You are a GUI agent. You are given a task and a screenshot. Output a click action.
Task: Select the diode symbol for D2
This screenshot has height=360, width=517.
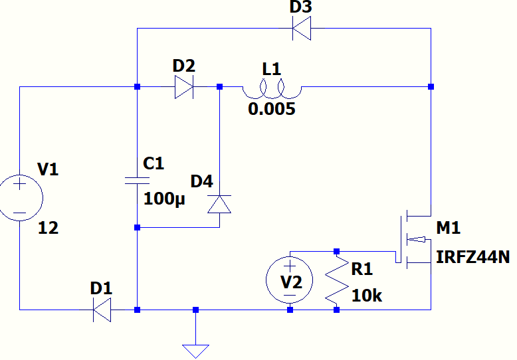184,87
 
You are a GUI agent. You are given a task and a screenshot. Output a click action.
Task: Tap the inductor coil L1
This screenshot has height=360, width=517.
271,87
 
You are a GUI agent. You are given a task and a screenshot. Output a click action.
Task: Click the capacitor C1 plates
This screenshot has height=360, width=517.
137,180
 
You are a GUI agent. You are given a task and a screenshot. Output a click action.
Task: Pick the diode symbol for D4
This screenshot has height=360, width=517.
219,204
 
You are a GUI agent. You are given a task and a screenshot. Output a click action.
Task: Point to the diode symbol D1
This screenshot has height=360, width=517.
102,310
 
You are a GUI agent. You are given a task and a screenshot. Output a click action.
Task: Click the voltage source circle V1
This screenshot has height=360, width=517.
20,198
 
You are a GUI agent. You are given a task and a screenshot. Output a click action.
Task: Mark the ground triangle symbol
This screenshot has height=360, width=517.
195,350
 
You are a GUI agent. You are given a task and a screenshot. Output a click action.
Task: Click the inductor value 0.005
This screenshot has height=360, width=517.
271,109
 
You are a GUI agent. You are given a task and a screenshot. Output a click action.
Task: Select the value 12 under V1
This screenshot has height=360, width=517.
48,228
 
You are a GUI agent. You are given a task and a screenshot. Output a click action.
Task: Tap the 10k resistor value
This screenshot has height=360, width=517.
367,296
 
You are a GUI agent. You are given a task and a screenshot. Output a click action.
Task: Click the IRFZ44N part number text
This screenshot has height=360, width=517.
472,257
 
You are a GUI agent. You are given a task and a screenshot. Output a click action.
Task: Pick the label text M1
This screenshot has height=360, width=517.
449,228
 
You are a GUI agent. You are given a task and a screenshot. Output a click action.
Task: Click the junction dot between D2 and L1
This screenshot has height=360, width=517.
220,87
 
